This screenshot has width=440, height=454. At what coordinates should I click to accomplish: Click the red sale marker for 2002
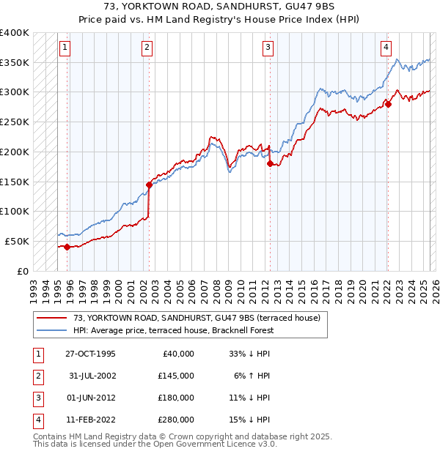149,185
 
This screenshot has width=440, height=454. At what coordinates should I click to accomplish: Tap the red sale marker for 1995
67,247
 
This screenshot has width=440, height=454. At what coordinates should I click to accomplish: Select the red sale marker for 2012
270,164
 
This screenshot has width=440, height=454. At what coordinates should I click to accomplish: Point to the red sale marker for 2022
388,104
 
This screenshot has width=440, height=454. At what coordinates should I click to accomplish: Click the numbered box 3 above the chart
268,48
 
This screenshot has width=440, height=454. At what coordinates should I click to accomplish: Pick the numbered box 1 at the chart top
65,48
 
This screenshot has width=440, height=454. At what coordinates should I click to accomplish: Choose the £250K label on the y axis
15,122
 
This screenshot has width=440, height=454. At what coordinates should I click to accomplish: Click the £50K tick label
18,241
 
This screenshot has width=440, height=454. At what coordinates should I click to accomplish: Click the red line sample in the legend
53,318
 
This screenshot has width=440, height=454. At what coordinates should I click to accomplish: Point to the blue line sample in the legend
53,330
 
